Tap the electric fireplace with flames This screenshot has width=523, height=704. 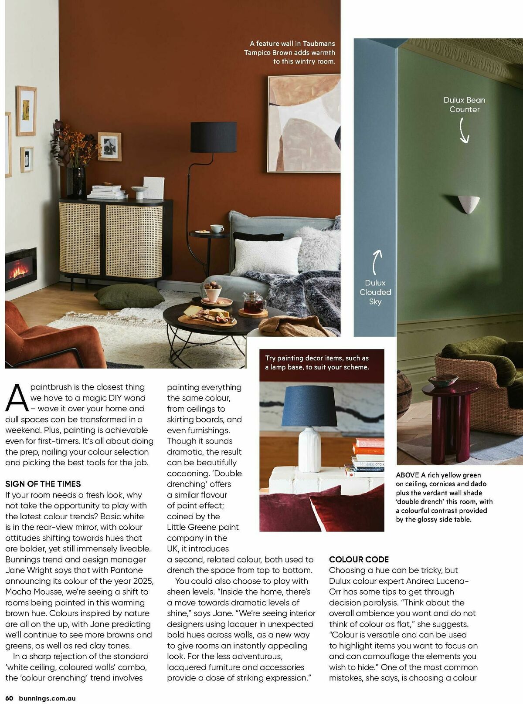[x=20, y=268]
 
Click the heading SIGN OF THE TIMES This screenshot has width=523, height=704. [x=43, y=484]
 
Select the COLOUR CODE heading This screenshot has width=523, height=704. [x=359, y=559]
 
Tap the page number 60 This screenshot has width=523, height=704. [x=9, y=698]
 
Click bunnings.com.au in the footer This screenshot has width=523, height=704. [x=47, y=698]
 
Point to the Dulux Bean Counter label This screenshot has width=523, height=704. [x=464, y=105]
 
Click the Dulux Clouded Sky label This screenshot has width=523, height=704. [x=375, y=292]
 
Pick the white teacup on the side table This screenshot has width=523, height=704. [x=217, y=228]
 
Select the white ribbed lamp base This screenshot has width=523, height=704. [x=309, y=449]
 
